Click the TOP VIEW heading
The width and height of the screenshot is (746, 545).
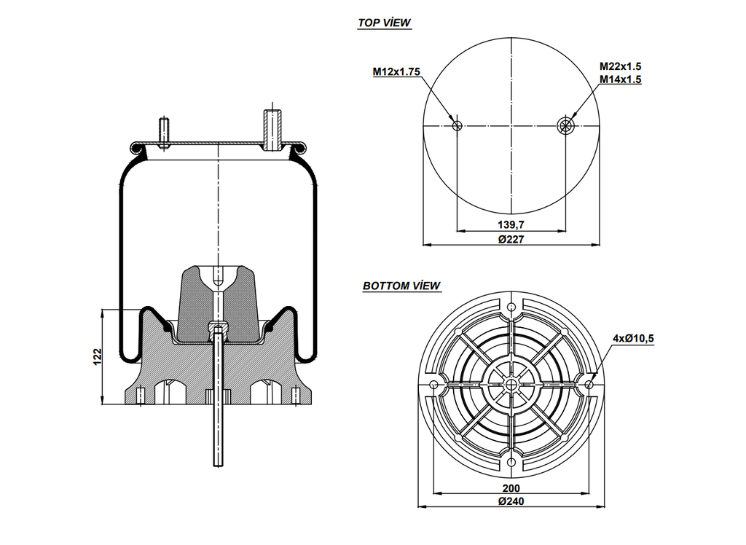tap(384, 23)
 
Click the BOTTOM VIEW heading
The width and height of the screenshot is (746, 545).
tap(401, 286)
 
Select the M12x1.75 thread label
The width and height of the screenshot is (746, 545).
tap(396, 71)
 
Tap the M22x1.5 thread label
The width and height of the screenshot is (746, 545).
tap(620, 66)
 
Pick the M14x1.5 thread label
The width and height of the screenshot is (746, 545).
tap(620, 80)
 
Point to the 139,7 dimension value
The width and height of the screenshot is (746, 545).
tap(511, 224)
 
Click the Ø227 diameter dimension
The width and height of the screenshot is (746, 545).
tap(511, 239)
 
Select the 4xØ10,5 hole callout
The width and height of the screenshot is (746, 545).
tap(633, 338)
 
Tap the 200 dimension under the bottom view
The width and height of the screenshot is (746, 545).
tap(511, 487)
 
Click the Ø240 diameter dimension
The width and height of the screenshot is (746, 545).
tap(511, 501)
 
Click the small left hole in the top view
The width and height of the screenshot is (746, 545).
tap(457, 126)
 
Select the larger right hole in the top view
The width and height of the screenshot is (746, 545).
tap(565, 126)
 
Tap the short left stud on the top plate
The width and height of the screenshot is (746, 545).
tap(165, 132)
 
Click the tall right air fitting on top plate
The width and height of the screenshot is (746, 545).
tap(273, 128)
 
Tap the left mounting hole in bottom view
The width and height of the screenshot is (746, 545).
tap(434, 385)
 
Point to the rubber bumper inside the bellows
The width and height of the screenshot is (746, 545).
tap(218, 302)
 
